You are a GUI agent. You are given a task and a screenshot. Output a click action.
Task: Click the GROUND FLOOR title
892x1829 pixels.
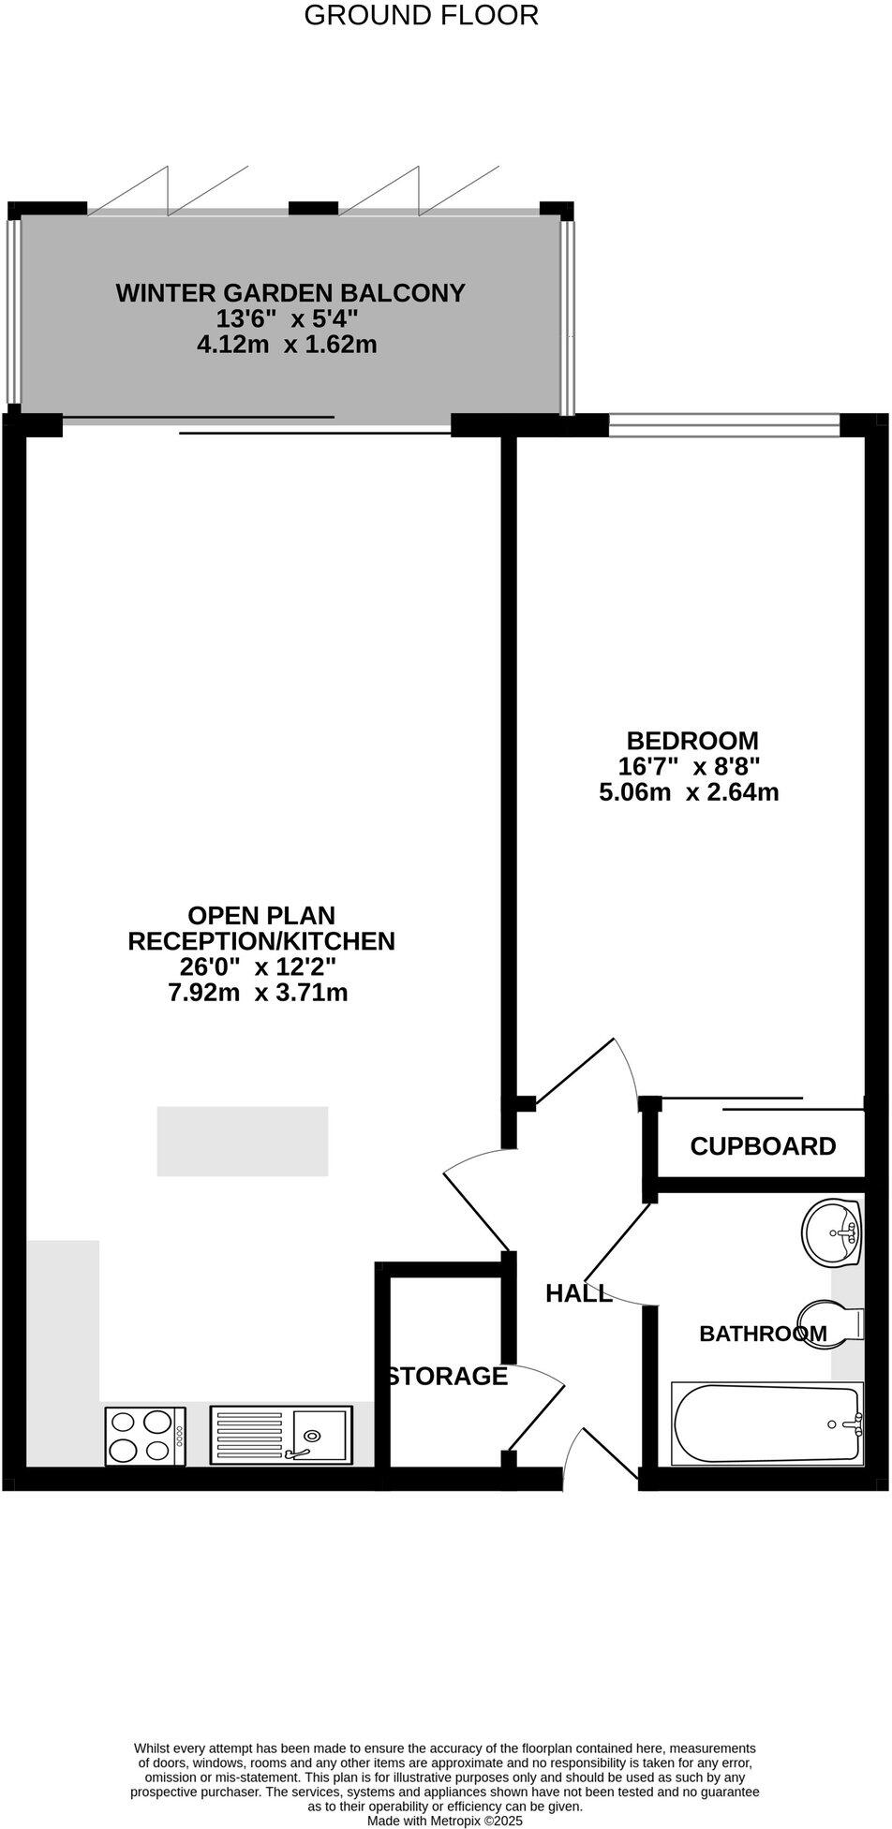(422, 16)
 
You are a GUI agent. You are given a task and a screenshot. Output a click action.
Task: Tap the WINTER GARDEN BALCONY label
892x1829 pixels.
(290, 293)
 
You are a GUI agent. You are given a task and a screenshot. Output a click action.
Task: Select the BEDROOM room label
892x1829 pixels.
(692, 741)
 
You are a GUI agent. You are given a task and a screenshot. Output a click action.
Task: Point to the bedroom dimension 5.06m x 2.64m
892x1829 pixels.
(689, 792)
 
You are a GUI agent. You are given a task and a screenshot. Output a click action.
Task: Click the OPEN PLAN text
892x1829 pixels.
(261, 915)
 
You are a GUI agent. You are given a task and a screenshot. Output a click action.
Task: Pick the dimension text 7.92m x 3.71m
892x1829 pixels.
(258, 993)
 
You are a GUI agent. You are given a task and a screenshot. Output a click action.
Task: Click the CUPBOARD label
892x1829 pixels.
(763, 1146)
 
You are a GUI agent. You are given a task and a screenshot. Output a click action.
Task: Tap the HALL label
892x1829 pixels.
(578, 1293)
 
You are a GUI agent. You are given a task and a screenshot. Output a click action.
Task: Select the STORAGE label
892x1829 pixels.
(448, 1376)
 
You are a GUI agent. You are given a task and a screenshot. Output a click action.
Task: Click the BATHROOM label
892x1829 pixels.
(763, 1334)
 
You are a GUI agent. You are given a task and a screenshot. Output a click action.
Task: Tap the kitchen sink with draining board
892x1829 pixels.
(281, 1435)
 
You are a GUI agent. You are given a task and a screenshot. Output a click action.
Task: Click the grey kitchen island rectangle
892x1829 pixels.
(242, 1141)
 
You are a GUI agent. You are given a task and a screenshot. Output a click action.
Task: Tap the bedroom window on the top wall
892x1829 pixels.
(723, 425)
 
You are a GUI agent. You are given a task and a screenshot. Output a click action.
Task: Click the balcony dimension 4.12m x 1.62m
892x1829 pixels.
(287, 345)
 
